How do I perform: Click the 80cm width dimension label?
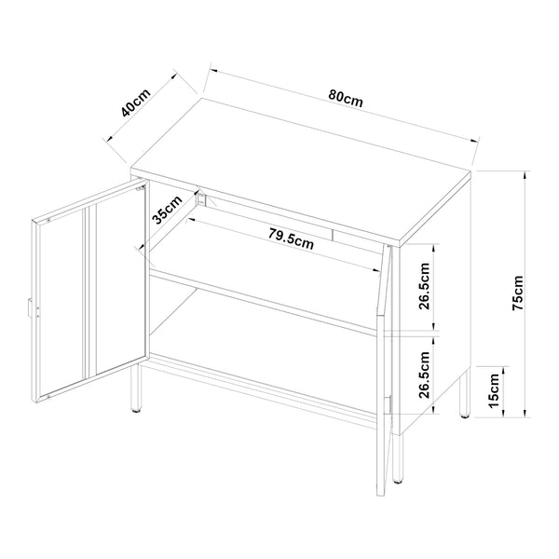(346, 98)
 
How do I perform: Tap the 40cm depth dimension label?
(137, 102)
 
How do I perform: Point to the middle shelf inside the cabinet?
(270, 298)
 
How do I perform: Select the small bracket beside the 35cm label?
(200, 198)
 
